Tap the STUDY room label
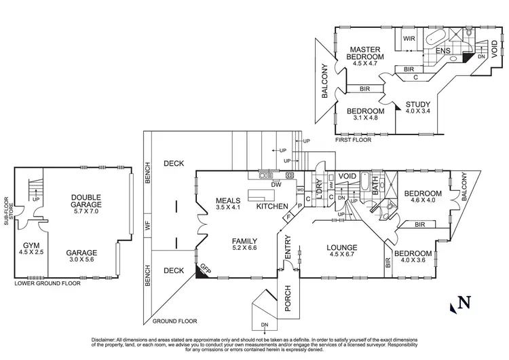(417, 105)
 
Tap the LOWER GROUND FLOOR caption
(48, 283)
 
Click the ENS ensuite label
(443, 51)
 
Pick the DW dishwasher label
(276, 184)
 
